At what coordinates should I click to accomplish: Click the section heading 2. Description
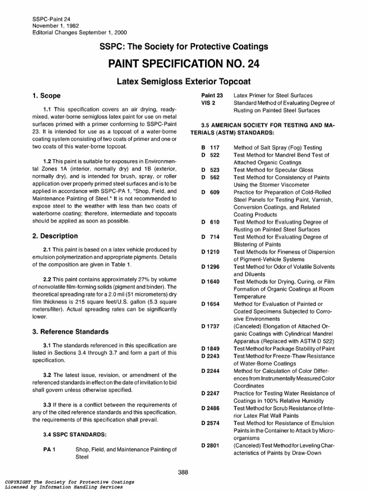tap(55, 236)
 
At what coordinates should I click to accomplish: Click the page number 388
tap(183, 472)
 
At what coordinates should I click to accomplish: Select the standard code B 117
tap(210, 148)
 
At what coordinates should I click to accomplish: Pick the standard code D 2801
tap(210, 445)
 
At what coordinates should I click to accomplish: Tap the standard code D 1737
tap(210, 327)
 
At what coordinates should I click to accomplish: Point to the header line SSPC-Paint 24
tap(47, 18)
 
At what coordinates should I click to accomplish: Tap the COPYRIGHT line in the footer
tap(62, 481)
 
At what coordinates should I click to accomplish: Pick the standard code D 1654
tap(210, 304)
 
